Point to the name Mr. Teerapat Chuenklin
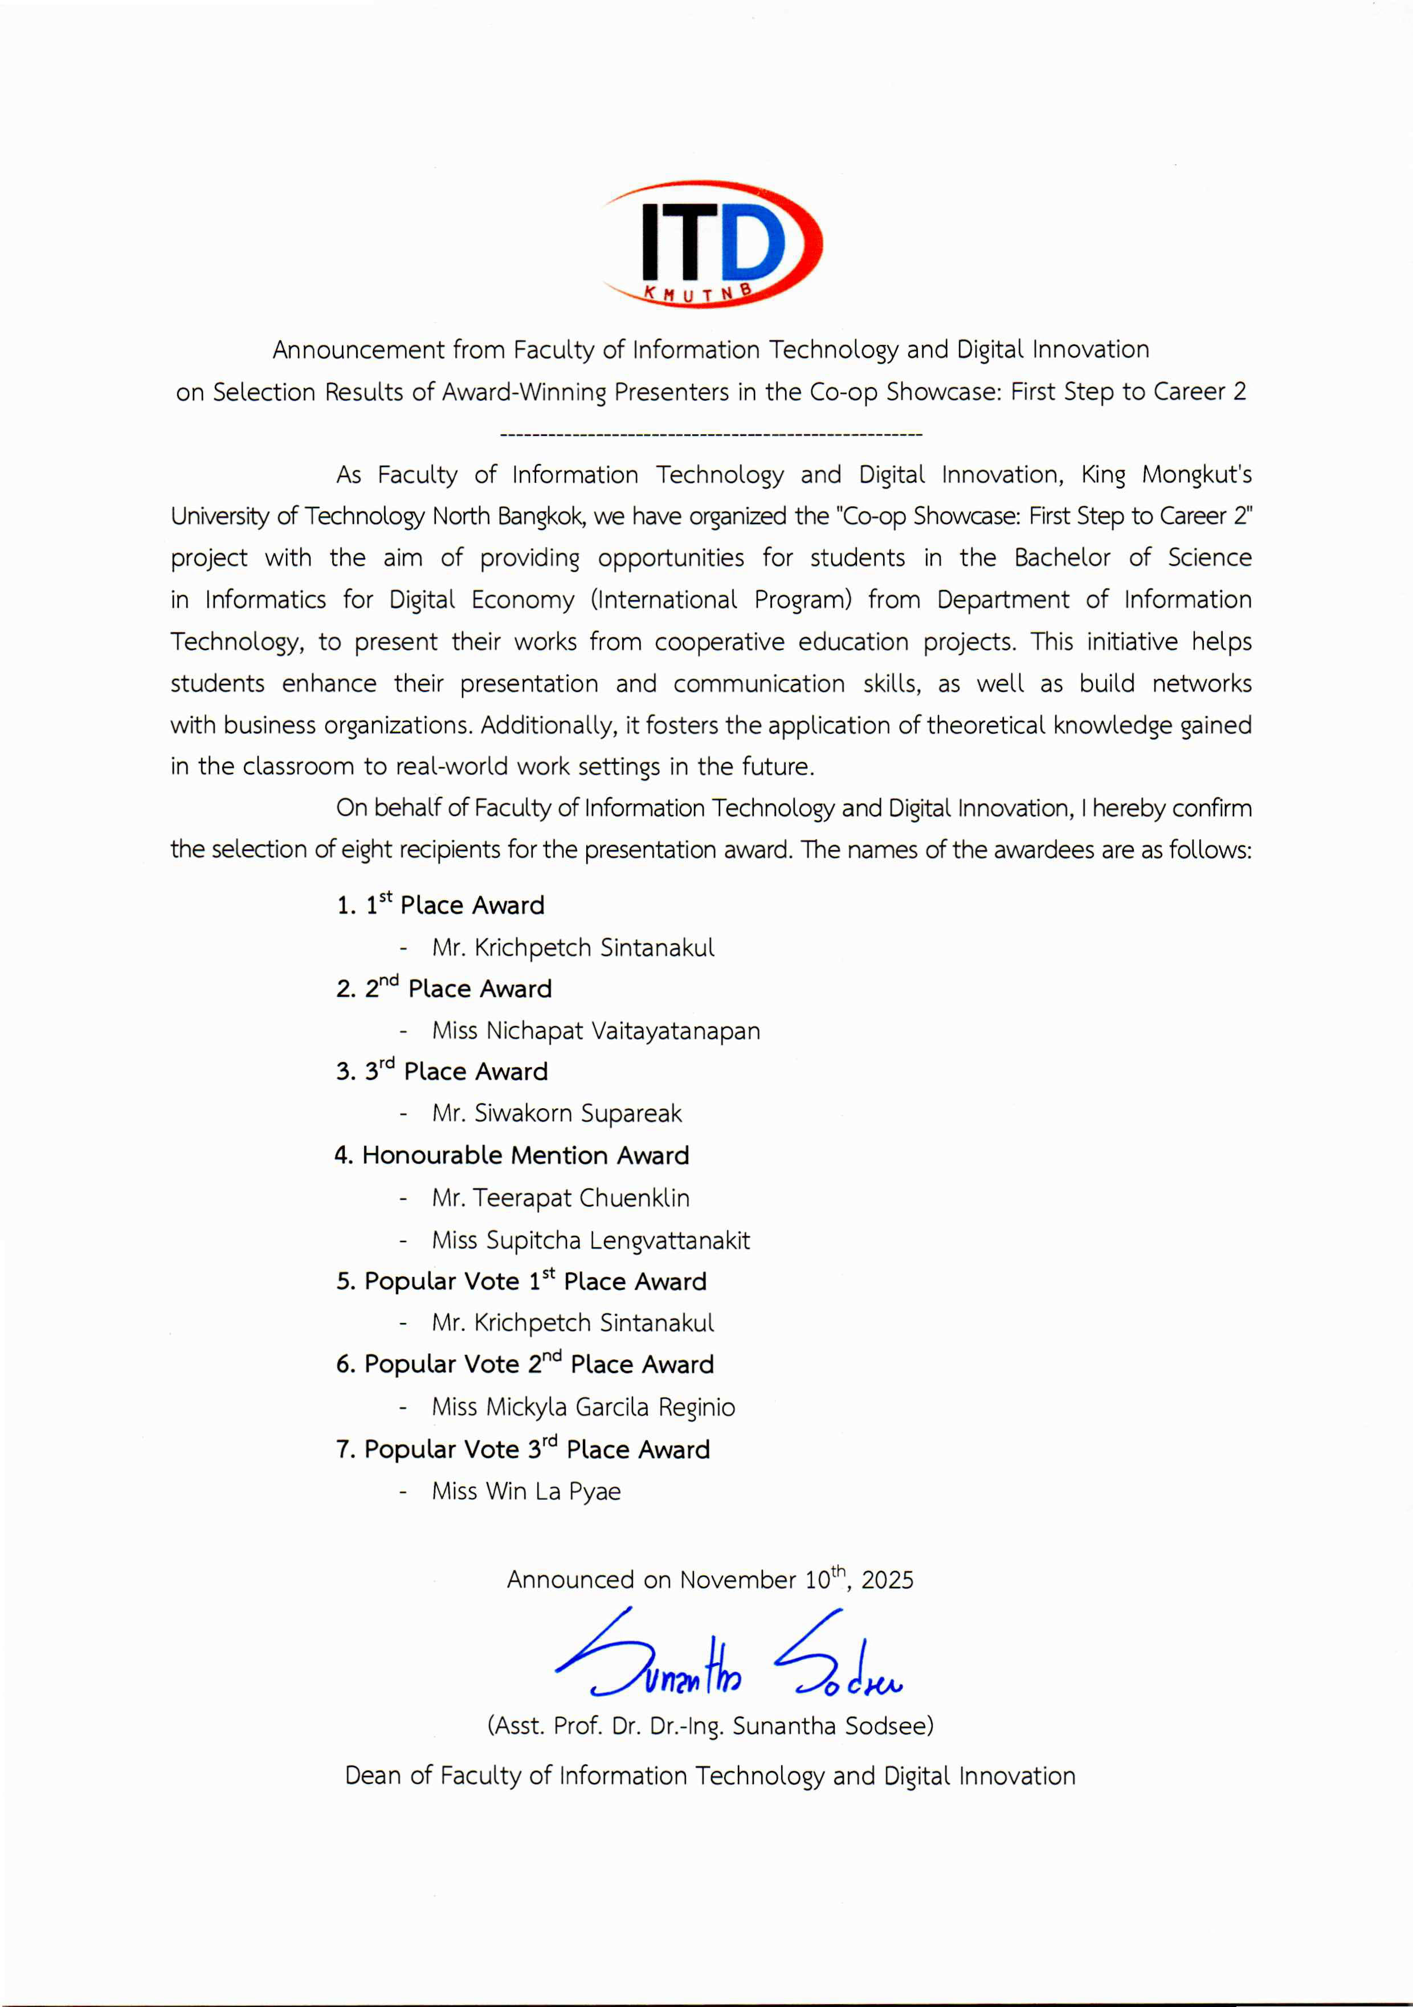pyautogui.click(x=560, y=1198)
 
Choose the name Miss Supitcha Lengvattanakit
pyautogui.click(x=591, y=1240)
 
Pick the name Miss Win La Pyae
pyautogui.click(x=526, y=1491)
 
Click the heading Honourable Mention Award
pyautogui.click(x=512, y=1155)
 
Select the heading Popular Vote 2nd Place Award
pyautogui.click(x=524, y=1365)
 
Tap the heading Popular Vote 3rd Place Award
pyautogui.click(x=522, y=1450)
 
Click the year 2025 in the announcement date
pyautogui.click(x=887, y=1581)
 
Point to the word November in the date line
pyautogui.click(x=737, y=1581)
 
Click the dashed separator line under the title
pyautogui.click(x=710, y=434)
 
